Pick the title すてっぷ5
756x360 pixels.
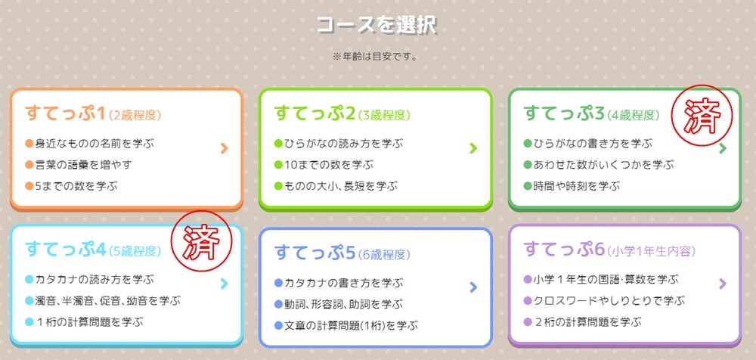point(314,253)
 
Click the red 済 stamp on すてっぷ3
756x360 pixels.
point(702,115)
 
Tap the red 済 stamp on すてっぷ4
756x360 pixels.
point(202,241)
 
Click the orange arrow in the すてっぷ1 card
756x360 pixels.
point(224,148)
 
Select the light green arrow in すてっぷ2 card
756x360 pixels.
point(473,148)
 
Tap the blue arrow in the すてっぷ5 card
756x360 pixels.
point(473,287)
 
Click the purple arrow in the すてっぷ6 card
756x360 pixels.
point(722,284)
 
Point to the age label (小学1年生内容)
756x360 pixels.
point(652,251)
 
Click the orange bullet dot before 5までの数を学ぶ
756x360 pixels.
point(29,186)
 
